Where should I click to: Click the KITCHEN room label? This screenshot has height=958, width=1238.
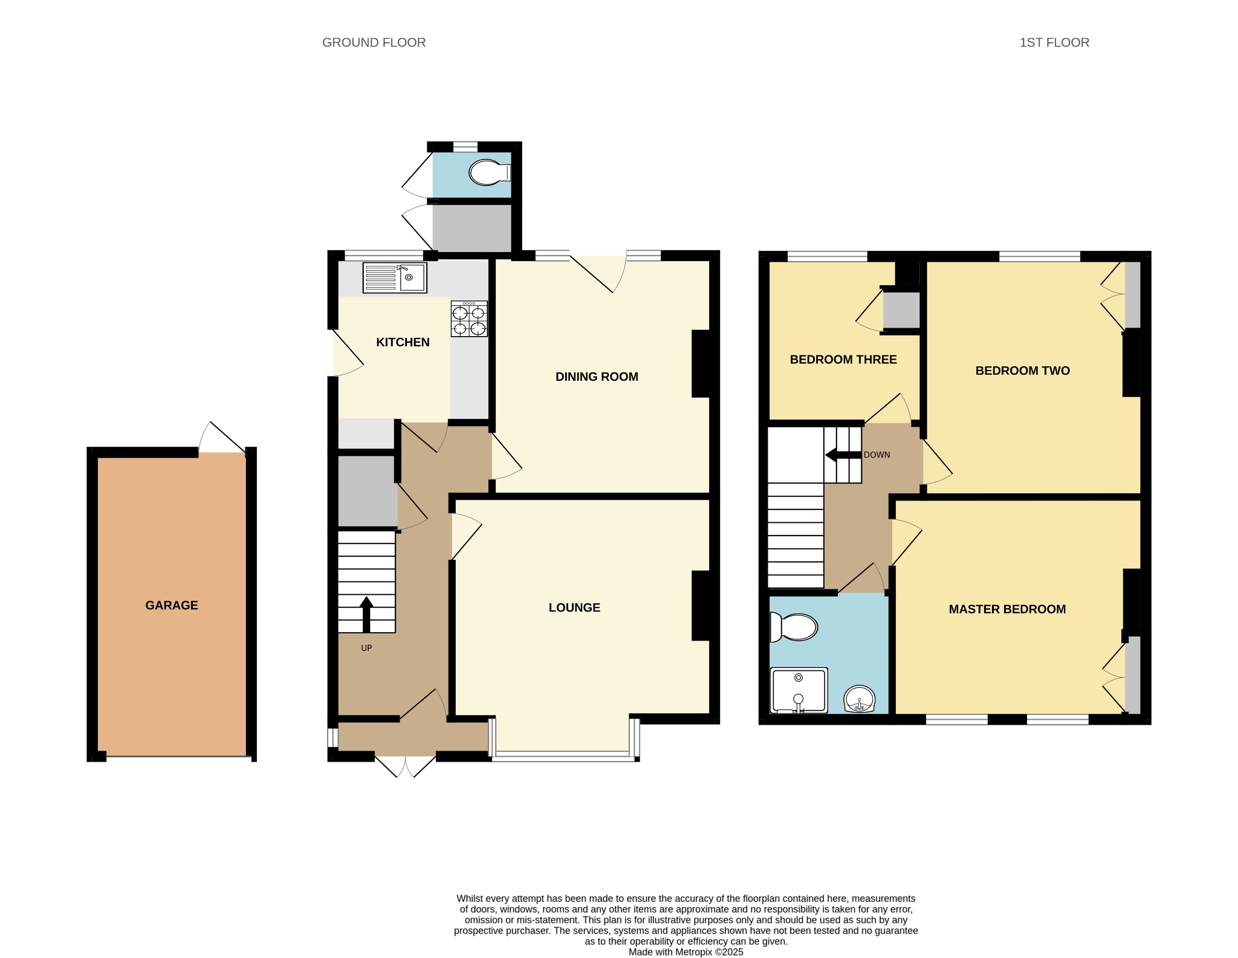click(403, 342)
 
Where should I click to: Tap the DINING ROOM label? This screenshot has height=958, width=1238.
click(597, 377)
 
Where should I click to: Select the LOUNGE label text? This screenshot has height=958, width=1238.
click(574, 607)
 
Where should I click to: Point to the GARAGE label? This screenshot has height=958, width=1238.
click(172, 605)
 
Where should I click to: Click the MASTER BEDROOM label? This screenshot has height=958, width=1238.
click(1007, 609)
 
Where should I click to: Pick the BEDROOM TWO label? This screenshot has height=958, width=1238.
click(1023, 371)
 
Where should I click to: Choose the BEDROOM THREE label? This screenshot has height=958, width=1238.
click(843, 360)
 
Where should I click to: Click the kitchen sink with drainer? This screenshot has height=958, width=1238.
click(395, 277)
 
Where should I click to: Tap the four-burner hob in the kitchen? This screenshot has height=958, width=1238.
click(469, 319)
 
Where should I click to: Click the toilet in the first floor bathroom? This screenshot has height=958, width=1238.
click(794, 627)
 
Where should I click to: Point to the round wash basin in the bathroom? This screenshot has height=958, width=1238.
click(859, 699)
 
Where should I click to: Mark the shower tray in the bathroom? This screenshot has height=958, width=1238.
click(799, 690)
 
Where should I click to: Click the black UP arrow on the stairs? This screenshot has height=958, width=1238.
click(366, 615)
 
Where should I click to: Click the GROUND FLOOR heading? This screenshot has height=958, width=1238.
click(374, 42)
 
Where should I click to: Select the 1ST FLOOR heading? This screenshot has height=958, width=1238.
click(1054, 42)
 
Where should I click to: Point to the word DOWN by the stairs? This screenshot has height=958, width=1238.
click(877, 455)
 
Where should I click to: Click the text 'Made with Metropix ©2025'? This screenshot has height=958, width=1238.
click(685, 952)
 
